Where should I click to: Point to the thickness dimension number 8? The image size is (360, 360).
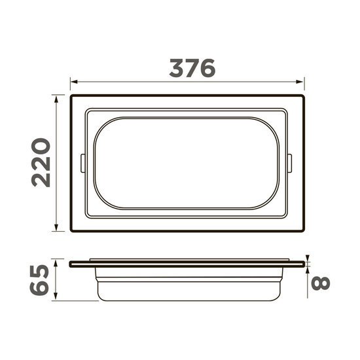(x=321, y=283)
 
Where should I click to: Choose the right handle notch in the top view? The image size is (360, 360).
(x=289, y=163)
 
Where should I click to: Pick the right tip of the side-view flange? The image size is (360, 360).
(x=305, y=264)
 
